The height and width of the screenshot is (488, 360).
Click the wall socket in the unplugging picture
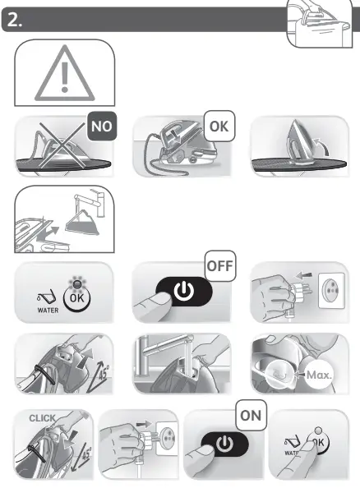click(x=323, y=293)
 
